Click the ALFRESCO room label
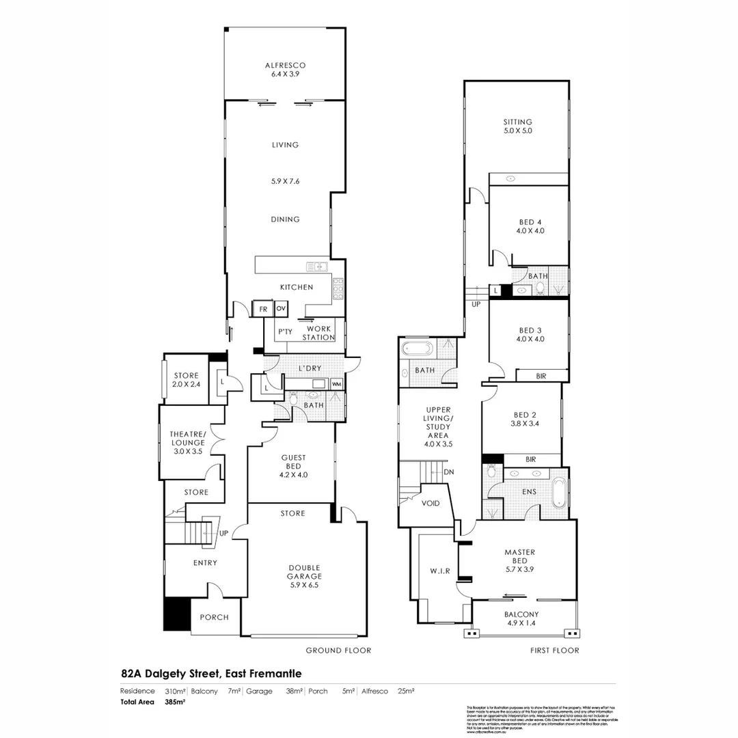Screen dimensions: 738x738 (x=285, y=66)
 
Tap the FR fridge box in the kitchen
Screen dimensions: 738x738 (x=262, y=310)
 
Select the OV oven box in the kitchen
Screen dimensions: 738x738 (x=280, y=310)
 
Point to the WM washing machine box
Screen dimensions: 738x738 (x=336, y=384)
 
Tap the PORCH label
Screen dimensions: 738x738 (x=214, y=617)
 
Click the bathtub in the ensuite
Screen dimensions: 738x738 (x=558, y=493)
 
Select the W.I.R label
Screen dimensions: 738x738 (x=439, y=570)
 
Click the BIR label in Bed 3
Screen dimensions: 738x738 (x=541, y=375)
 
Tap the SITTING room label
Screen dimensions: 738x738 (x=517, y=122)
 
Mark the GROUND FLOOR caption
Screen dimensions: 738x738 (x=338, y=651)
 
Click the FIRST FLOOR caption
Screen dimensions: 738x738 (x=554, y=651)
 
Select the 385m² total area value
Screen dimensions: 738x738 (x=176, y=702)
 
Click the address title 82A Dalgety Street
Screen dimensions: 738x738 (x=211, y=672)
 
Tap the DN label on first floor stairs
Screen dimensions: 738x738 (x=448, y=471)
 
